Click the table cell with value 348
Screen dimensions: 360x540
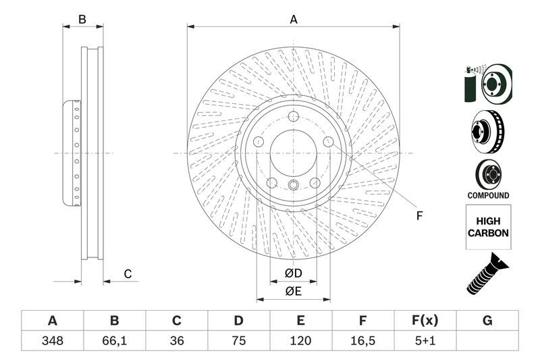coord(52,341)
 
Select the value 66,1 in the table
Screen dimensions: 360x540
coord(114,341)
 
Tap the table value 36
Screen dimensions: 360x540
coord(177,341)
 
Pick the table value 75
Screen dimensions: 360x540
coord(239,341)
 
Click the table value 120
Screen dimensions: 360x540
coord(301,341)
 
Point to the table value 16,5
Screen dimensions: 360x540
coord(363,341)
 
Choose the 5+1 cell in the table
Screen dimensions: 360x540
coord(425,341)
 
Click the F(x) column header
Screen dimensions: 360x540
coord(425,321)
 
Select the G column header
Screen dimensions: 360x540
coord(487,321)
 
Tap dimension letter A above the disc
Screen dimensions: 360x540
coord(294,20)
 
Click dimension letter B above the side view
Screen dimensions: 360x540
coord(82,20)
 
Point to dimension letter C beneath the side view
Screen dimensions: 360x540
coord(127,274)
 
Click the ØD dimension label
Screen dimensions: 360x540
coord(292,273)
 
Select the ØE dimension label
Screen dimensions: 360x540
coord(292,291)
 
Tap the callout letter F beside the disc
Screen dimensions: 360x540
coord(419,216)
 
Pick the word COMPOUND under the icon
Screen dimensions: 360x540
coord(488,195)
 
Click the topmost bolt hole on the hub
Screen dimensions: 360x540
coord(294,118)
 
